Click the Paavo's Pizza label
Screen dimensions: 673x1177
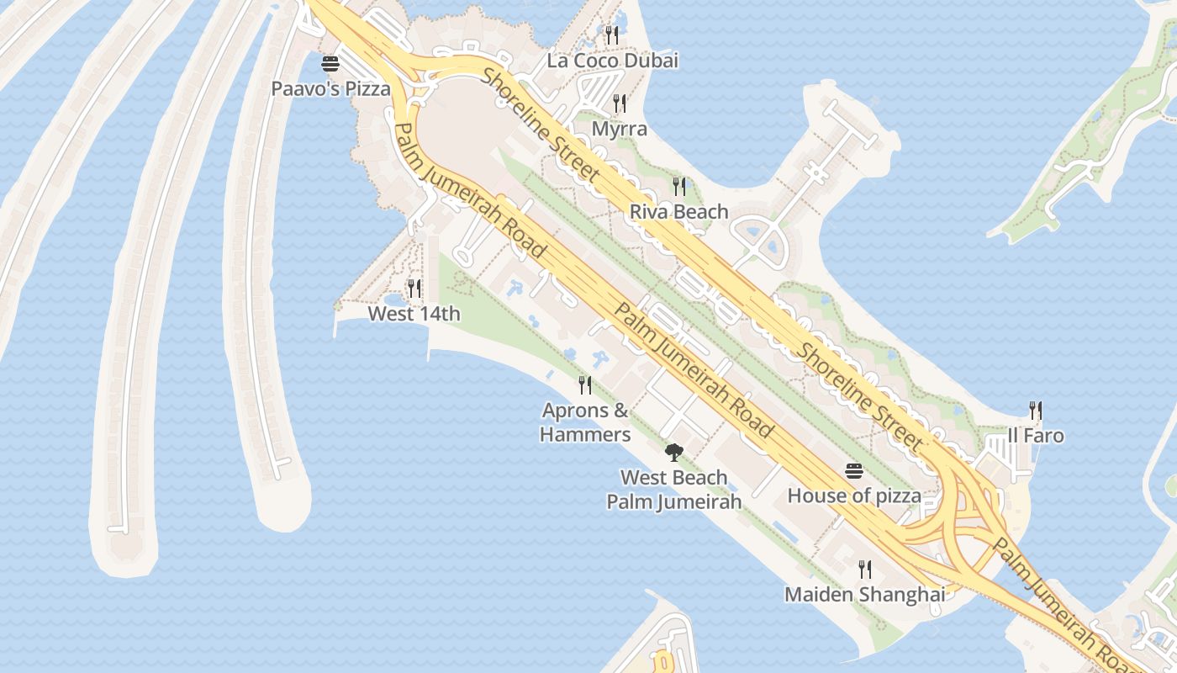tap(330, 88)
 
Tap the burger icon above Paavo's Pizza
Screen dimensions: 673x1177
tap(330, 64)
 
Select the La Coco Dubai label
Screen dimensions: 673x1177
tap(612, 61)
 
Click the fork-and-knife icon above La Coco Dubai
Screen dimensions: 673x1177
tap(612, 34)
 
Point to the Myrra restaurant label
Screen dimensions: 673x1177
tap(620, 129)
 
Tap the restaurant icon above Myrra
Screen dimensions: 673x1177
tap(620, 103)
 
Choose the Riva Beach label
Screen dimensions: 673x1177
tap(678, 211)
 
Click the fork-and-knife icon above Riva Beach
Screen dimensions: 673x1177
tap(678, 186)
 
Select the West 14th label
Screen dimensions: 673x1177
tap(414, 314)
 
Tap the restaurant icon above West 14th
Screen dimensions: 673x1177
tap(414, 289)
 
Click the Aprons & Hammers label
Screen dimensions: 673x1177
tap(585, 422)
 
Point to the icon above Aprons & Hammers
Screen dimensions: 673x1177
tap(585, 385)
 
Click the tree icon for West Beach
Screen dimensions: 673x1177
tap(673, 453)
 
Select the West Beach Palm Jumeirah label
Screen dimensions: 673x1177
tap(673, 490)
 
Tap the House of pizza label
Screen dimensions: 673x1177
tap(854, 495)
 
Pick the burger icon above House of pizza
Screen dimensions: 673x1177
tap(854, 471)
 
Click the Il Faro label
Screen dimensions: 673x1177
tap(1036, 436)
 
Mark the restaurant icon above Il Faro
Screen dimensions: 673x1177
tap(1036, 411)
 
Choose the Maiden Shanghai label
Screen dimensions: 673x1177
tap(864, 594)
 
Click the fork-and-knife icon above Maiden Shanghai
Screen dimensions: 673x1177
tap(864, 570)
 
